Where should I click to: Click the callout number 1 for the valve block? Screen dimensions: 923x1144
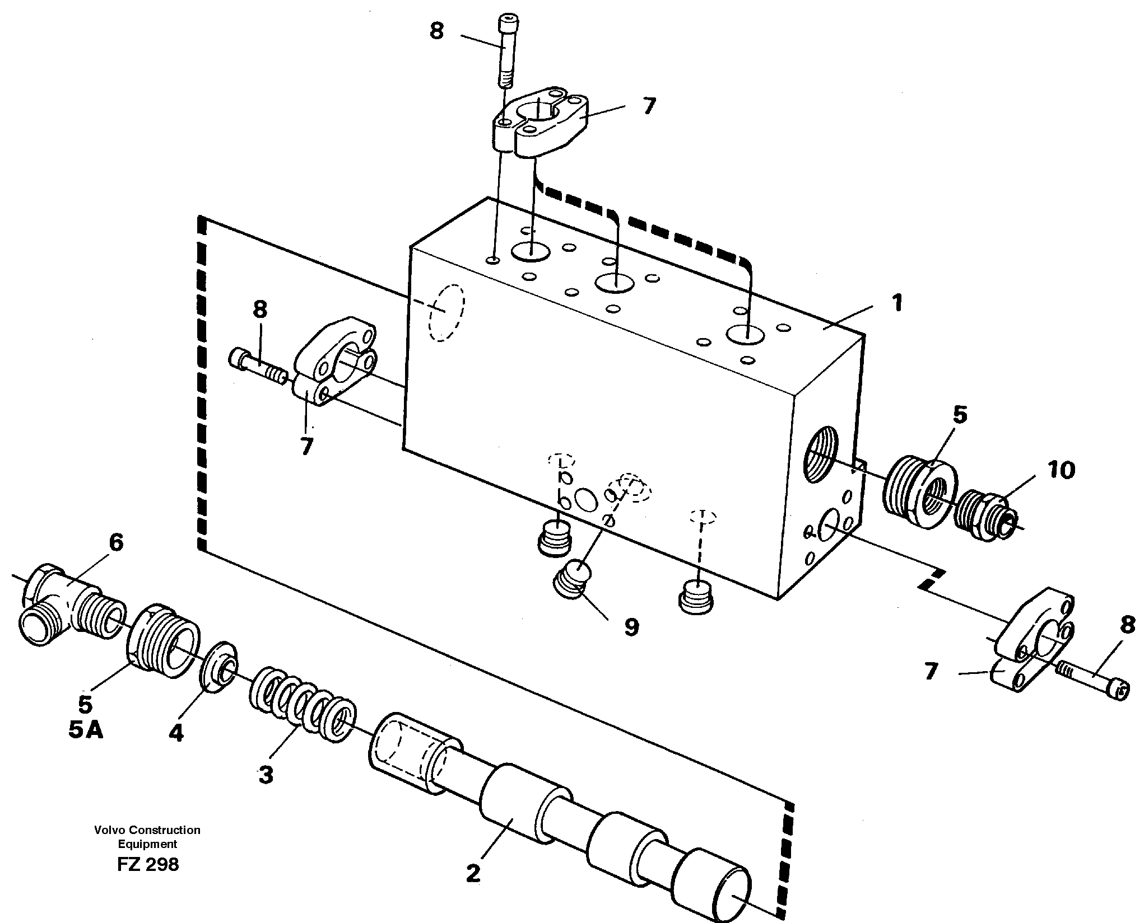[x=896, y=303]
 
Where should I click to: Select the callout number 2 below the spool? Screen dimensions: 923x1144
[x=473, y=874]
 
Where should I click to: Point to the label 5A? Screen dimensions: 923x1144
[x=86, y=730]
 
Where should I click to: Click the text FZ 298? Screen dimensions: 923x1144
[x=148, y=865]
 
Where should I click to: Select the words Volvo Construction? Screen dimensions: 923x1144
[x=147, y=830]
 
